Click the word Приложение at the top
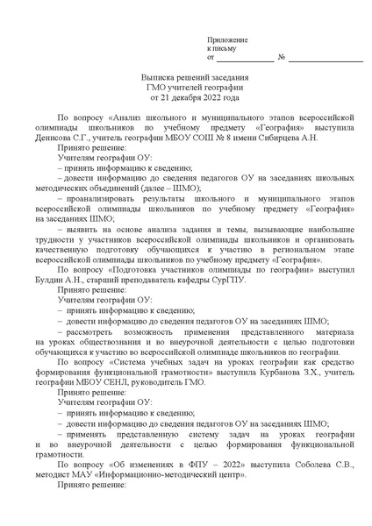(x=227, y=41)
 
